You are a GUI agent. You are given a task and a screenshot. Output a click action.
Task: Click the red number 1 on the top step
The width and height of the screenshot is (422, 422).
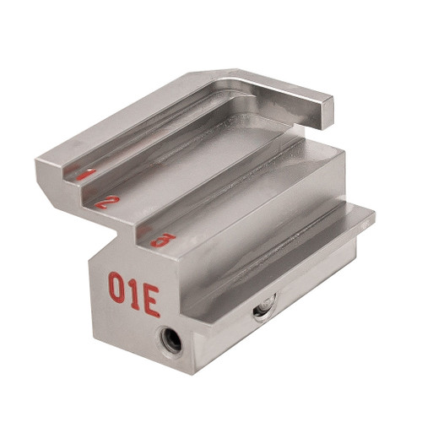click(x=86, y=175)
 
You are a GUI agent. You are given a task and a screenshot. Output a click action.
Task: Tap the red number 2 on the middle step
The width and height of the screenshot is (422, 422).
click(x=106, y=201)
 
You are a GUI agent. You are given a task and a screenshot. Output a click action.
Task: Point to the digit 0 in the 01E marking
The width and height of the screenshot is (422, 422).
click(x=116, y=288)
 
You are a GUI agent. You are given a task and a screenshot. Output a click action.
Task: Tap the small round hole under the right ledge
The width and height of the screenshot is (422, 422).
click(x=263, y=309)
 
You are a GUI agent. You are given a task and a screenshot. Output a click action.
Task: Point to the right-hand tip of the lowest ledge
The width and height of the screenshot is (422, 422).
click(x=371, y=217)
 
